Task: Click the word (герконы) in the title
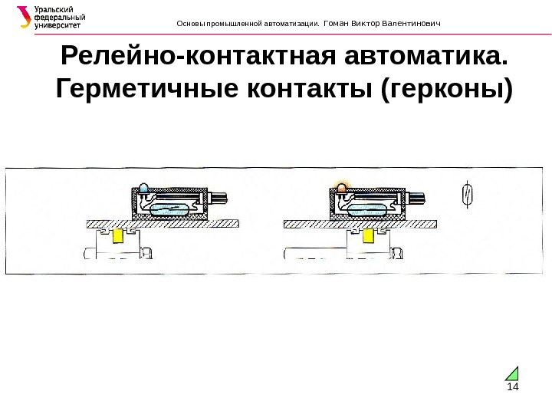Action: pos(445,89)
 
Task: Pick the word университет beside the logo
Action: pos(59,25)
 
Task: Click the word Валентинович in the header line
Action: pos(414,23)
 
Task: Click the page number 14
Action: pos(512,386)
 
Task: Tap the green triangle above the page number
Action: pos(513,373)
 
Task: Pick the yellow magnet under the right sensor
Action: pos(358,237)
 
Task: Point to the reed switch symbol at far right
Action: pos(467,195)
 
